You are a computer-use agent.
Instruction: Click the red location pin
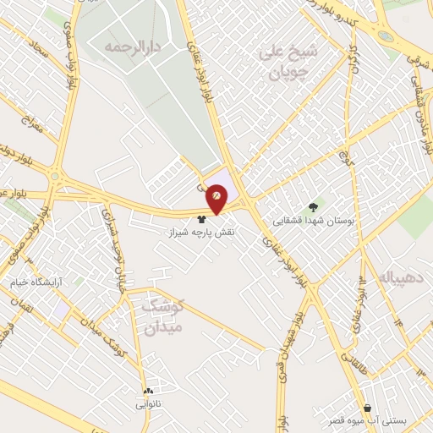217,197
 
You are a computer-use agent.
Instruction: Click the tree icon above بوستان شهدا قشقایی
314,206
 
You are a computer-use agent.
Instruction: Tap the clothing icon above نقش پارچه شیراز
201,216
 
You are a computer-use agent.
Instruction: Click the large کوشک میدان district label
162,315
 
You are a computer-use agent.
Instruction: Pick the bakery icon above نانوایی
149,391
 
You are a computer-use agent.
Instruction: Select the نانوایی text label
149,404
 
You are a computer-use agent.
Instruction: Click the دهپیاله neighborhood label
404,277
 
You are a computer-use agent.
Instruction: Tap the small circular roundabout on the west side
57,178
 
